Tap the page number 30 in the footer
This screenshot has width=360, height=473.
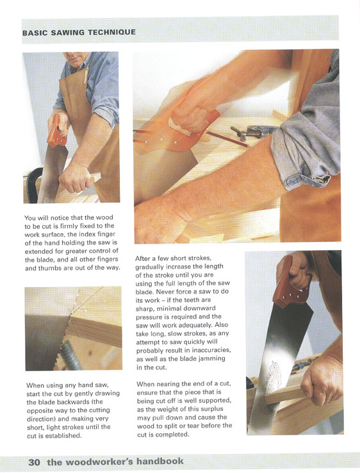(35, 462)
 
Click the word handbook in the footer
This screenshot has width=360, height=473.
(160, 461)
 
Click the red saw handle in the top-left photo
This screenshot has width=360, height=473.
(57, 131)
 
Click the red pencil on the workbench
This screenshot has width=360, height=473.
(227, 139)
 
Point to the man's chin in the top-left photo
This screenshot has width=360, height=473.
(77, 65)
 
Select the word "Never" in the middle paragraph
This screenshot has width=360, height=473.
(165, 292)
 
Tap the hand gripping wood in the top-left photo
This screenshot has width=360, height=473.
(75, 178)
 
